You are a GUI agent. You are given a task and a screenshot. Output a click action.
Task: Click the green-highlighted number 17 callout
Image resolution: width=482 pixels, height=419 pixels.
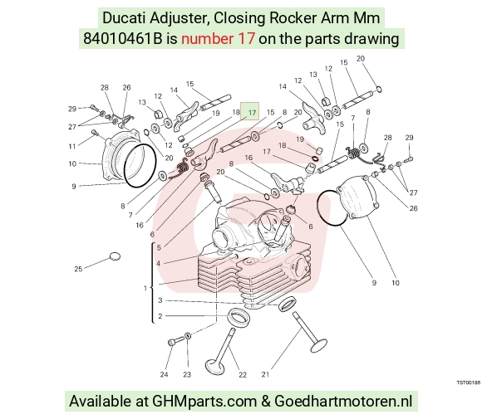[249, 111]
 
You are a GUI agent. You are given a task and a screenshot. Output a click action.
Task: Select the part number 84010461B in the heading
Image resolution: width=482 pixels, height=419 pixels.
[122, 39]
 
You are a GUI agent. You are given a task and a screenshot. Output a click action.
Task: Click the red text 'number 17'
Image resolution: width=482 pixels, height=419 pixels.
[218, 39]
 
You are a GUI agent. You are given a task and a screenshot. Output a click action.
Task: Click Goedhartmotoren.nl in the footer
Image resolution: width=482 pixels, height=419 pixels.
[343, 401]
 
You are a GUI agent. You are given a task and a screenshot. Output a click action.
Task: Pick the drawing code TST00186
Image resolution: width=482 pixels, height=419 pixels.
[468, 382]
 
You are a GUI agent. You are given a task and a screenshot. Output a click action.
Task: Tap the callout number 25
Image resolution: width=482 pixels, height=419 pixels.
[78, 269]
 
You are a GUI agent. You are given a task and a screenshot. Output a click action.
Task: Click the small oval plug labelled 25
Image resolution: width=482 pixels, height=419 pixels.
[115, 256]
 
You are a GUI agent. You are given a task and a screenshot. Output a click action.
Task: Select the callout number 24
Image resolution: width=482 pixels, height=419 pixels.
[165, 374]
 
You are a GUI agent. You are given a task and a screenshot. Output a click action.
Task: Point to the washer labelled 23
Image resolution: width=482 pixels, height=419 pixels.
[188, 335]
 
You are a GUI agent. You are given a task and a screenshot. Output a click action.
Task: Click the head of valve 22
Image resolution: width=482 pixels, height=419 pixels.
[213, 367]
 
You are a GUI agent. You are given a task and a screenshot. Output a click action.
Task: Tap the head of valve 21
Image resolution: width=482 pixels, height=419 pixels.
[318, 345]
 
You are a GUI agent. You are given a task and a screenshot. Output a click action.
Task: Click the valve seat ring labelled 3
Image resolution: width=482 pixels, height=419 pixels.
[288, 304]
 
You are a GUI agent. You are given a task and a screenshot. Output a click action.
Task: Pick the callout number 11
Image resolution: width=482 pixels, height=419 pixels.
[72, 146]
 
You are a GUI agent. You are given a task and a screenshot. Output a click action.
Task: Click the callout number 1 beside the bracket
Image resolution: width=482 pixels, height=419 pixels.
[145, 288]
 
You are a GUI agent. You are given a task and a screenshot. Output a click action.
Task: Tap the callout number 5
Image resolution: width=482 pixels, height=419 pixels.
[159, 247]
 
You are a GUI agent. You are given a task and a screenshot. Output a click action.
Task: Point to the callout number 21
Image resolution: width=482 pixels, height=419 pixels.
[265, 374]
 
